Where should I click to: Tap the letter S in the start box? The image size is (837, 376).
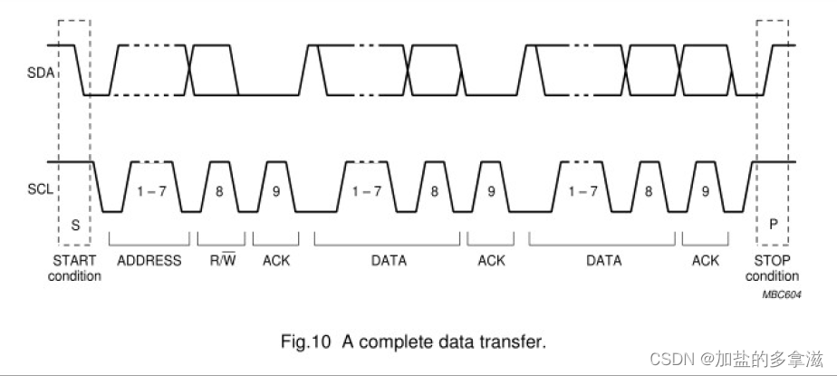[75, 225]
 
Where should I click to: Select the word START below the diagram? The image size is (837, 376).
[74, 261]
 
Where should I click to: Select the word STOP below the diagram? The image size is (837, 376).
[772, 261]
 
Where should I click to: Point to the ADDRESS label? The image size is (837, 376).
[149, 261]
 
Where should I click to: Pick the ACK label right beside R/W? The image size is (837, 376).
[276, 261]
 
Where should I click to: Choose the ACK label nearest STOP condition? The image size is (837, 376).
[705, 261]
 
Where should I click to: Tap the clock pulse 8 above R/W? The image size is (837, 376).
[221, 192]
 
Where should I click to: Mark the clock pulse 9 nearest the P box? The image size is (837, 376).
[705, 192]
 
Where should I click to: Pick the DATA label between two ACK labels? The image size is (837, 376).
[389, 261]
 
